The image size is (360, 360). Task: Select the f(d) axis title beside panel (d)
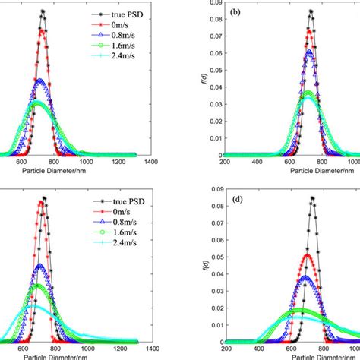click(203, 265)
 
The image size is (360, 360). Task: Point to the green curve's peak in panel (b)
click(308, 93)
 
